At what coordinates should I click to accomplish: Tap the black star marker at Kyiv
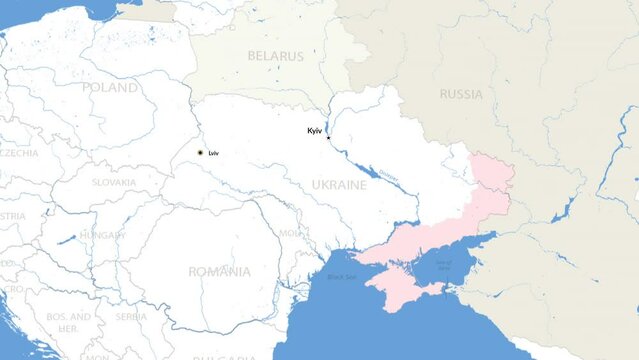tap(329, 138)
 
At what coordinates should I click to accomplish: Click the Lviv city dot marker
tap(200, 152)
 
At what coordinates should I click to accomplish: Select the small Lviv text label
tap(214, 152)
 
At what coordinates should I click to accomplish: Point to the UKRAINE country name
tap(338, 186)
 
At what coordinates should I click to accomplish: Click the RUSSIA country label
tap(460, 95)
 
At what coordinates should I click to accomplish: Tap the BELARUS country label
tap(275, 57)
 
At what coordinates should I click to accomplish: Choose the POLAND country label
tap(110, 88)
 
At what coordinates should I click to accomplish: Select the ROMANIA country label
tap(219, 271)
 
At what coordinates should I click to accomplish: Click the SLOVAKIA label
tap(114, 183)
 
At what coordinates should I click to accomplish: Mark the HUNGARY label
tap(103, 235)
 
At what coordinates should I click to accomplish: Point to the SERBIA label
tap(131, 316)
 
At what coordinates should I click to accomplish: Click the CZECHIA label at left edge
tap(18, 153)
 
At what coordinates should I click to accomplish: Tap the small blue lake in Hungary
tap(66, 240)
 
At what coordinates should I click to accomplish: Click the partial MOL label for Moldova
tap(289, 233)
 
